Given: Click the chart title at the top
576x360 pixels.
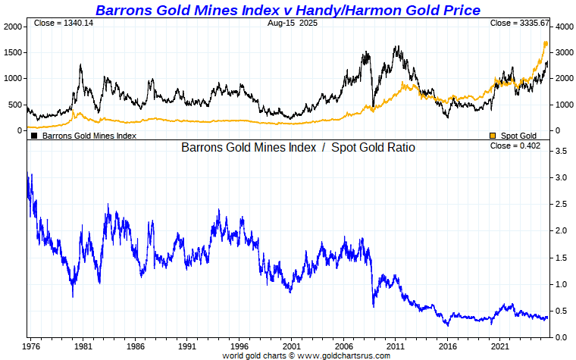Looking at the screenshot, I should [287, 10].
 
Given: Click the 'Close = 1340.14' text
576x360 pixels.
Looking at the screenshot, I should [64, 23].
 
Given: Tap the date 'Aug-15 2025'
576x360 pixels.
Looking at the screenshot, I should [288, 23].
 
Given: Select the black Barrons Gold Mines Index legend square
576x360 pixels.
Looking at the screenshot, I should [33, 136].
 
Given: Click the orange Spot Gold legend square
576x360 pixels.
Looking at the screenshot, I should [493, 136].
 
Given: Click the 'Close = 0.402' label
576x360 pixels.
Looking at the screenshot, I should [515, 146].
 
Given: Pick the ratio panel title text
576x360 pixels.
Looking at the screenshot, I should [298, 148].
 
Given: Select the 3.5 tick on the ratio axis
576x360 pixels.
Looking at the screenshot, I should [562, 152].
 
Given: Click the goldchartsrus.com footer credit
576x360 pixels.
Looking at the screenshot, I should [288, 355].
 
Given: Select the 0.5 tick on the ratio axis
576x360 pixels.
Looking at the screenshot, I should [562, 311].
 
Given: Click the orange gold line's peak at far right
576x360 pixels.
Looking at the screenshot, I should [546, 43].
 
